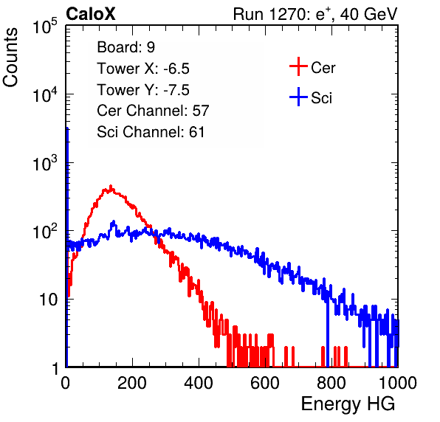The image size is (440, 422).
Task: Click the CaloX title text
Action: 91,14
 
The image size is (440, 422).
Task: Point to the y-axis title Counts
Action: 10,58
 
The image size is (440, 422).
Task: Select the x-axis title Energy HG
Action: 348,404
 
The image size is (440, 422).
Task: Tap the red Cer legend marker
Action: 298,66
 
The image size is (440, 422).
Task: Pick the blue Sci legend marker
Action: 298,97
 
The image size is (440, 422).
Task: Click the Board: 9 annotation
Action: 126,47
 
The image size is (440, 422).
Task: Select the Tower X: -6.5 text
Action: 143,69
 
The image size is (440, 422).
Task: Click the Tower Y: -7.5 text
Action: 143,90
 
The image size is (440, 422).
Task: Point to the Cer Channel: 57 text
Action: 153,111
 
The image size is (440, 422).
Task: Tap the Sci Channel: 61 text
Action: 151,132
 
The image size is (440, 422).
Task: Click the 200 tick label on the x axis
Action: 132,384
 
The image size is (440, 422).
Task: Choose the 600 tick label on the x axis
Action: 265,384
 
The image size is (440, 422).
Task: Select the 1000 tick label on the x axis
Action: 398,384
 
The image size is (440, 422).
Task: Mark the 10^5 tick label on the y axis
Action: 45,26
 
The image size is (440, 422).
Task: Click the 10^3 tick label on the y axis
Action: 45,163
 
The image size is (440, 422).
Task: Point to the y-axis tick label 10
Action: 48,300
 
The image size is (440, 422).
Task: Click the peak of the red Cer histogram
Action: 111,186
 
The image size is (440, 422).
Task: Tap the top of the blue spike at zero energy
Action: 67,128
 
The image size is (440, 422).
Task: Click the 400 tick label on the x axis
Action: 199,384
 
